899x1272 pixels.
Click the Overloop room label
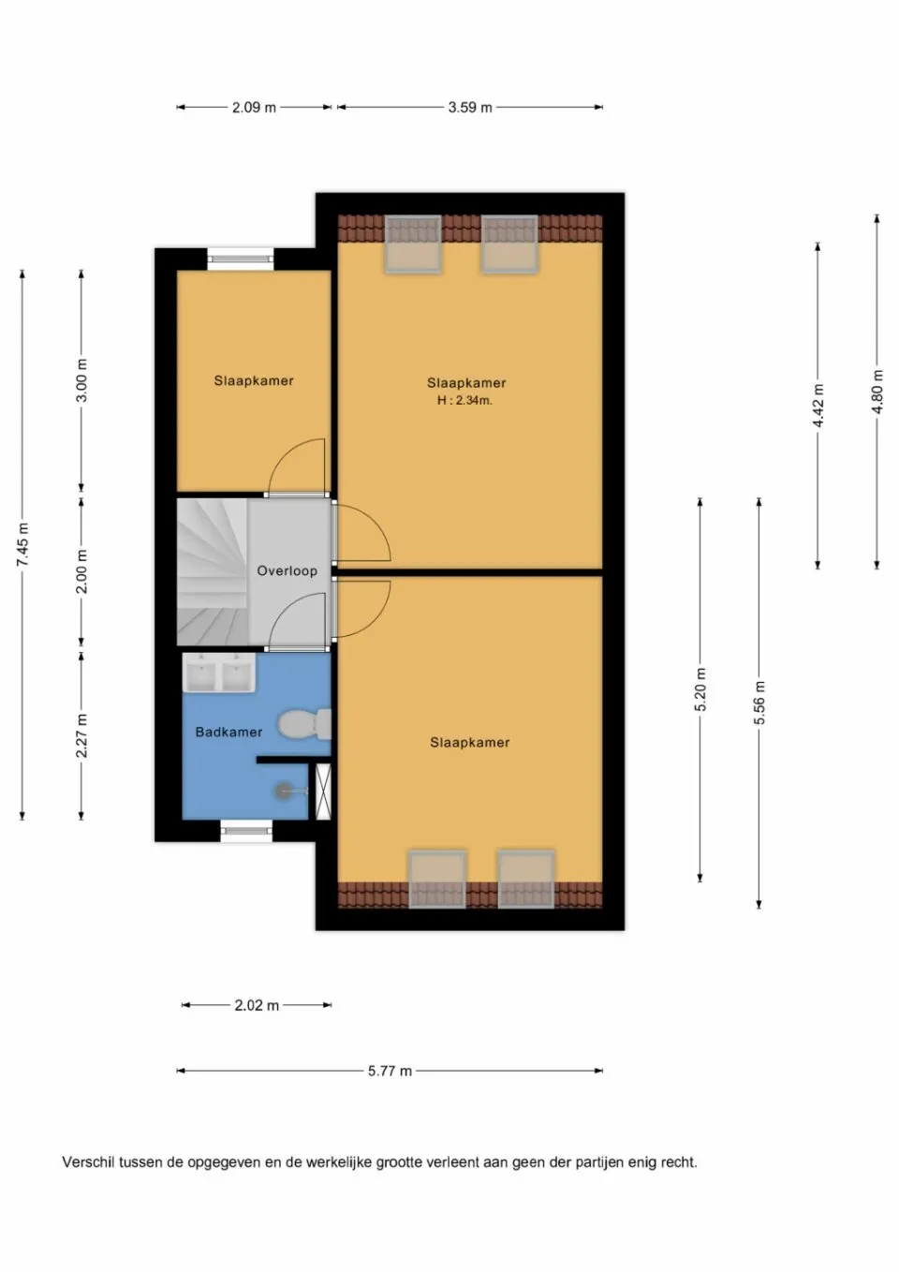pos(287,570)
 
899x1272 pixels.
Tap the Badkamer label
pos(228,732)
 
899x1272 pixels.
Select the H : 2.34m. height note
pos(464,400)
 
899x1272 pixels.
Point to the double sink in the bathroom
pos(219,673)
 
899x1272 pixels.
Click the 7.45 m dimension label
pos(22,544)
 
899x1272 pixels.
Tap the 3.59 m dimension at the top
pos(469,107)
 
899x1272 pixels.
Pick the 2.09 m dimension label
pos(254,107)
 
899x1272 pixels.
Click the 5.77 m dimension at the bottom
pos(390,1071)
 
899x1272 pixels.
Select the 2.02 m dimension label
pos(257,1005)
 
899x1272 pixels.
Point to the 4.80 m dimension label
pos(877,392)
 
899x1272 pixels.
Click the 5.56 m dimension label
pos(759,703)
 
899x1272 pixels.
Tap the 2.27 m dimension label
pos(81,735)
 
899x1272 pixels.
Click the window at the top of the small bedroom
pos(241,258)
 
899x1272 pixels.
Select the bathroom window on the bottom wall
pos(246,830)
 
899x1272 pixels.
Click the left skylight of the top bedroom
pos(412,244)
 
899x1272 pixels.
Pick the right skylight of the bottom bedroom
pos(525,879)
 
